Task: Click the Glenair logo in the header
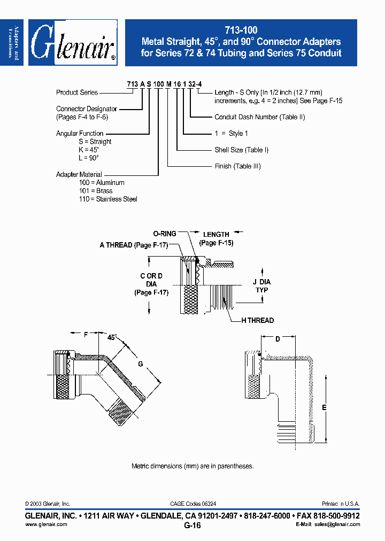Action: click(x=73, y=43)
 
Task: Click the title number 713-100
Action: click(x=241, y=31)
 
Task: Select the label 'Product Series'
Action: click(x=77, y=92)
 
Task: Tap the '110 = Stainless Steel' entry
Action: click(x=108, y=199)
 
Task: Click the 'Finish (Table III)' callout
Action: click(x=237, y=166)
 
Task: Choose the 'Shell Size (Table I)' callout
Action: click(x=241, y=150)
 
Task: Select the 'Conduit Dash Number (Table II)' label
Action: click(x=259, y=117)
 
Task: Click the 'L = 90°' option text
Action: click(x=89, y=158)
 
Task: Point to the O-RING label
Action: click(x=164, y=234)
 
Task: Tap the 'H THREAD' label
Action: click(x=257, y=320)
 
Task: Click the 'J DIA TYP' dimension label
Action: click(x=261, y=286)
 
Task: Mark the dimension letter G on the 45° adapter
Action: click(x=140, y=364)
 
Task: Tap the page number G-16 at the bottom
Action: click(x=192, y=525)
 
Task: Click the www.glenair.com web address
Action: click(x=46, y=524)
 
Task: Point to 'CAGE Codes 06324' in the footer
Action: click(x=193, y=504)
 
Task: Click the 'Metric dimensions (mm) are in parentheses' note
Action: click(x=192, y=466)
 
